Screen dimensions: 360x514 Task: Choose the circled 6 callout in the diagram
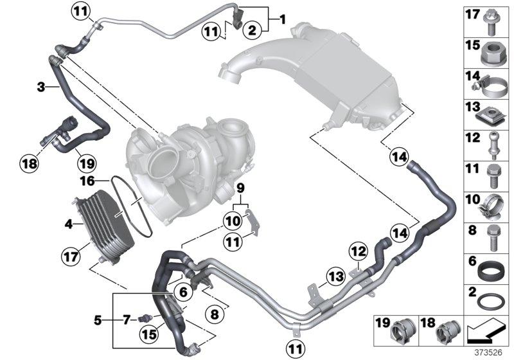point(184,292)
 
